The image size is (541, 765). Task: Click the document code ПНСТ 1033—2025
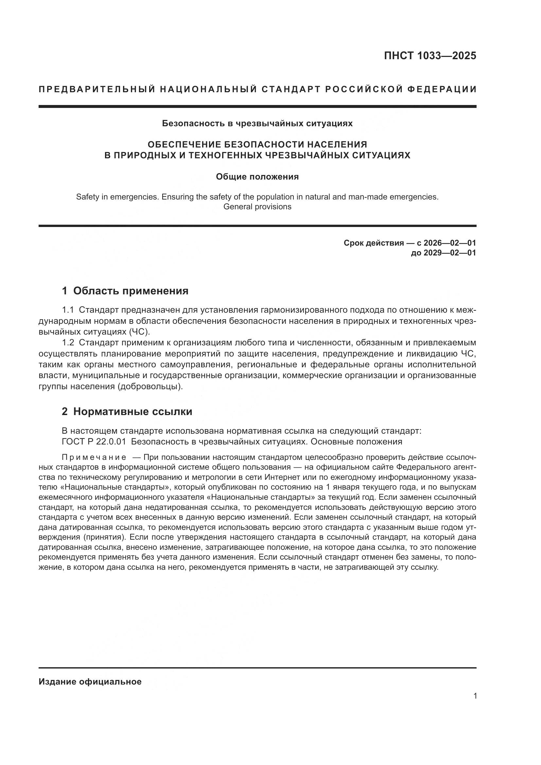click(x=430, y=56)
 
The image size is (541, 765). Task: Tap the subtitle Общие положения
click(x=257, y=177)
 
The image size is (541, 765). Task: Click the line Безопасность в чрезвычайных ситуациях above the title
click(x=257, y=124)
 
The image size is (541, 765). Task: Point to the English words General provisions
click(x=257, y=207)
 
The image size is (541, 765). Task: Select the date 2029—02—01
click(x=450, y=253)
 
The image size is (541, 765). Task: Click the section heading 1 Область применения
click(x=125, y=291)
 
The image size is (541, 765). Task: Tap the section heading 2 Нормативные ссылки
click(x=127, y=412)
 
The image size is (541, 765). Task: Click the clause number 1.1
click(x=68, y=310)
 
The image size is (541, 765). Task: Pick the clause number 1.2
click(x=68, y=343)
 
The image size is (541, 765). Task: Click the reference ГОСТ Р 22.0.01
click(x=94, y=442)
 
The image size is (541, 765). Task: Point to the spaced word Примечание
click(x=94, y=457)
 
